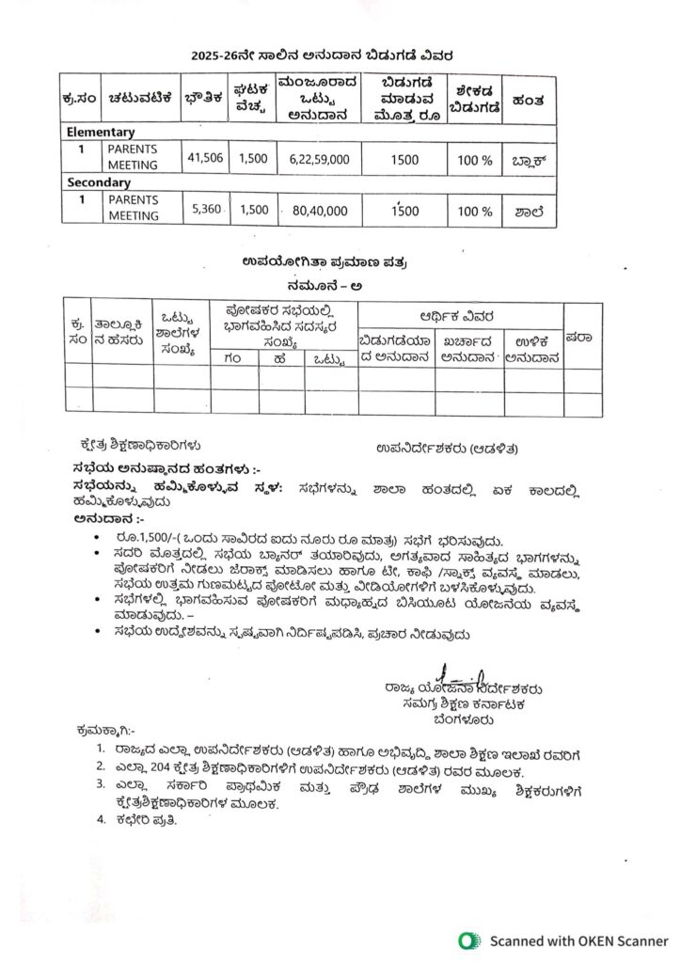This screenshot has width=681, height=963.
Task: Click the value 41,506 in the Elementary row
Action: coord(206,158)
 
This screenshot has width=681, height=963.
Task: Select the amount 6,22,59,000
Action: coord(314,160)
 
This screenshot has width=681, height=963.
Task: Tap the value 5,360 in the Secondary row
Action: coord(206,209)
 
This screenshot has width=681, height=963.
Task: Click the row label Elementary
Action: coord(101,133)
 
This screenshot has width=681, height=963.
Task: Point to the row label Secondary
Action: coord(99,182)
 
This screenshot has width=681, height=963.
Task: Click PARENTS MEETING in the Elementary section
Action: coord(133,157)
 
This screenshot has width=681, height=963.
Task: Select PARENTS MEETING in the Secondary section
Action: coord(133,208)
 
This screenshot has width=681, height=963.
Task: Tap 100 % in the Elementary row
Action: coord(475,160)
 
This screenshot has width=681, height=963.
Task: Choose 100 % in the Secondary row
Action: coord(475,211)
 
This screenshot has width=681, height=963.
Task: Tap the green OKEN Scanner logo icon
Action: coord(468,940)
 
